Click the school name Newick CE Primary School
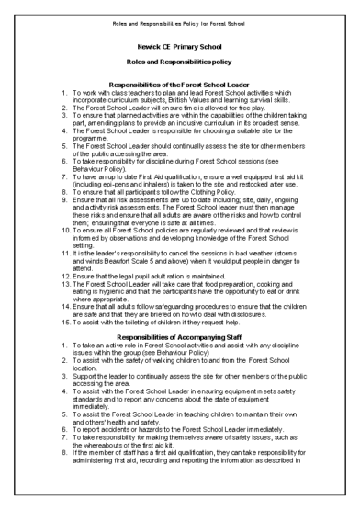pos(179,42)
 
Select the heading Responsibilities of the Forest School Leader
pos(179,84)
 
